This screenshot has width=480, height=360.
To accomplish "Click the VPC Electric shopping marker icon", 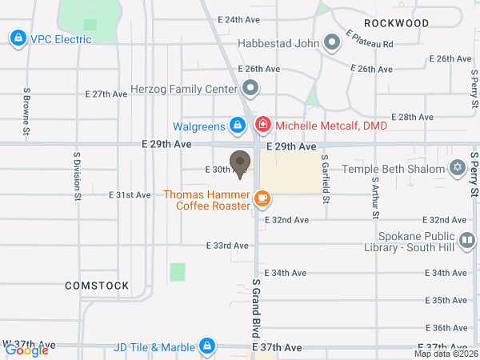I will pos(17,38).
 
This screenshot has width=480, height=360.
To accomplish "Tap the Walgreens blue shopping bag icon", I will pos(237,126).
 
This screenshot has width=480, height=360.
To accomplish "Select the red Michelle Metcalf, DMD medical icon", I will pos(262,126).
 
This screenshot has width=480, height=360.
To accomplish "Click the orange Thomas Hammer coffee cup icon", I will pos(262,197).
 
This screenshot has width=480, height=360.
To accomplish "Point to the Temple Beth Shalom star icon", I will pos(458,169).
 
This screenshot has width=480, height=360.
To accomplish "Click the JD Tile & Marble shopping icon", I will pos(207,346).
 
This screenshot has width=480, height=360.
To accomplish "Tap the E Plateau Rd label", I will pos(370,39).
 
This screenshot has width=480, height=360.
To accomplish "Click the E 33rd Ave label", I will pos(227,246).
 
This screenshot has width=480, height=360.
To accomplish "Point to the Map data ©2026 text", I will pos(446,354).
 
